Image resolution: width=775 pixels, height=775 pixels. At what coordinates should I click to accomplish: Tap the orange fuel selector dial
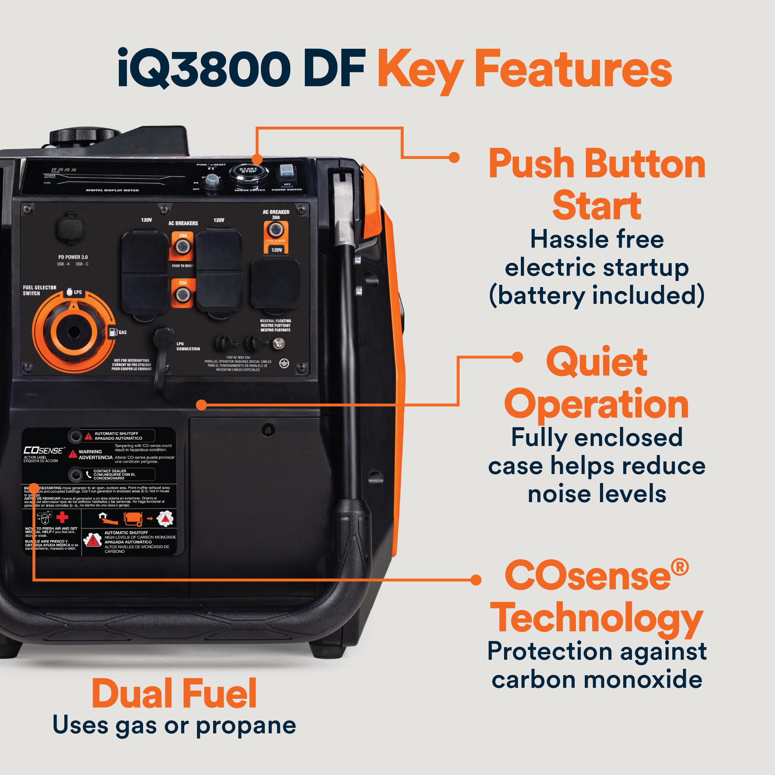73,332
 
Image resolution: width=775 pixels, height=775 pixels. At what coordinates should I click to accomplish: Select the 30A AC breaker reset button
275,230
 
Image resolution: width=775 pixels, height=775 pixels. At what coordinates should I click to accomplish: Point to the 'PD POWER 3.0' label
73,257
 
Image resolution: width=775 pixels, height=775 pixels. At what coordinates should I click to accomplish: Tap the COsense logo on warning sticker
43,450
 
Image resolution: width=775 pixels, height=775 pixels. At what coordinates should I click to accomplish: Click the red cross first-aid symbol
62,517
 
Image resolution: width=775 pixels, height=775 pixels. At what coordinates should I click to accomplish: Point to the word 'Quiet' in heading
596,362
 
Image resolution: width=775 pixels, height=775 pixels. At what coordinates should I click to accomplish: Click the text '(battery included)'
596,296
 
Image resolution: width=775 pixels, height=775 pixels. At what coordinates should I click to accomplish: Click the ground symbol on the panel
284,363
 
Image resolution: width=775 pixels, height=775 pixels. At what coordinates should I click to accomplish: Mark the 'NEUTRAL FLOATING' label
275,321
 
